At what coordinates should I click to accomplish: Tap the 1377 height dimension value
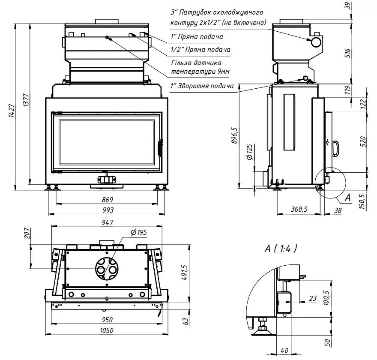click(26, 99)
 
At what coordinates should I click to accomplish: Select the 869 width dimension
click(108, 200)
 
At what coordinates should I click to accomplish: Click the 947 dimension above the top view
click(108, 222)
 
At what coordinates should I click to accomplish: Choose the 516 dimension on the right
click(348, 53)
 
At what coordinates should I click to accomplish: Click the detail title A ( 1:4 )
click(281, 248)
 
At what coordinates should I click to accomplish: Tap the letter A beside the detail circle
click(347, 198)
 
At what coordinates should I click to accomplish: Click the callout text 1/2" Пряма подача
click(200, 50)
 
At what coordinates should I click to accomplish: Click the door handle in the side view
click(336, 148)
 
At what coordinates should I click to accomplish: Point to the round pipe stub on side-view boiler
click(316, 42)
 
